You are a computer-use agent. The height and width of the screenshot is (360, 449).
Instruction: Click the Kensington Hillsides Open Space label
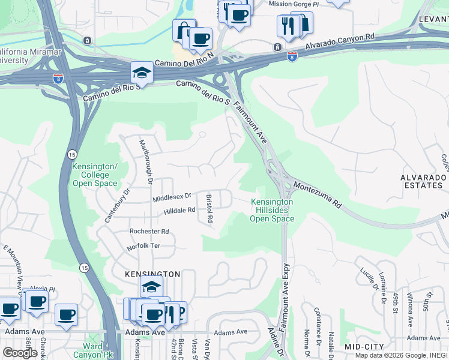click(272, 211)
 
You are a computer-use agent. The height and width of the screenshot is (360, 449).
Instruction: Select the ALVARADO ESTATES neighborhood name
click(424, 182)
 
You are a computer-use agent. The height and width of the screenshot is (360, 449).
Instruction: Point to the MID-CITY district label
click(364, 347)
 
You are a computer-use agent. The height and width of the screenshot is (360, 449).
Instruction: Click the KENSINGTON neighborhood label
click(152, 274)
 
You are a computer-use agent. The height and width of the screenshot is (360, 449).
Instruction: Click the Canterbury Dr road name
click(117, 206)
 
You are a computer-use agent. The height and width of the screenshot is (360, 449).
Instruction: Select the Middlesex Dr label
click(171, 196)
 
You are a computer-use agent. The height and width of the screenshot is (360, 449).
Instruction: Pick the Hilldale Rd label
click(179, 211)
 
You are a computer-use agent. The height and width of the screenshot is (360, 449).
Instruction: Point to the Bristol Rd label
click(209, 208)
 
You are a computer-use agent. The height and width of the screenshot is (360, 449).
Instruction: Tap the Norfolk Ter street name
click(143, 247)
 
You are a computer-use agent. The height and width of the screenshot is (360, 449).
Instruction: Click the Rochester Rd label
click(149, 232)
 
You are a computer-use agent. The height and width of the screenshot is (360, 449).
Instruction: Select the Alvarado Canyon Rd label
click(339, 41)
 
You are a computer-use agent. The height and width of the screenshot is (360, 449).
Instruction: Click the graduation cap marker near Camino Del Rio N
click(142, 73)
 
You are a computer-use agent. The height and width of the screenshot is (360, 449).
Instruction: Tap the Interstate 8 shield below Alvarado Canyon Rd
click(292, 56)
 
